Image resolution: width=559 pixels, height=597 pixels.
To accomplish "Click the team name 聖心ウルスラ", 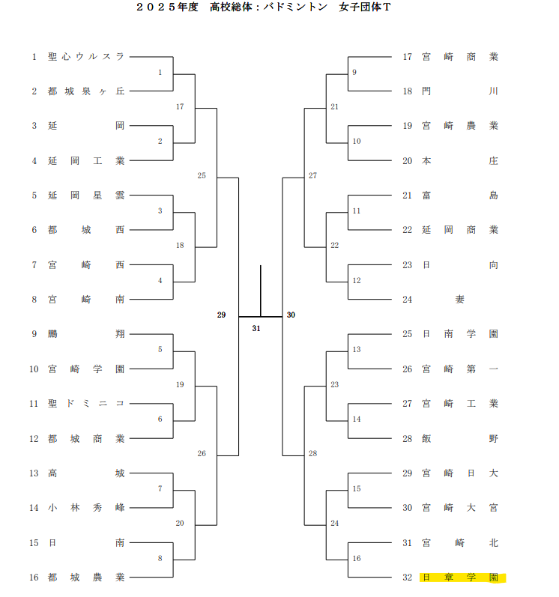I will click(x=86, y=56).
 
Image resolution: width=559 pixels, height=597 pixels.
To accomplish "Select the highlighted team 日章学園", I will click(x=460, y=578).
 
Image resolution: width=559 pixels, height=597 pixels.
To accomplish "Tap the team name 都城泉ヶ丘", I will click(x=86, y=91).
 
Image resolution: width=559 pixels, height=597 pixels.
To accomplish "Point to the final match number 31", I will click(x=256, y=328).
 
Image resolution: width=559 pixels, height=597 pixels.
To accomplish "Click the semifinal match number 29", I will click(x=221, y=315).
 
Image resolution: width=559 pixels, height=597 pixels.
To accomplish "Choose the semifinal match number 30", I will click(x=291, y=315).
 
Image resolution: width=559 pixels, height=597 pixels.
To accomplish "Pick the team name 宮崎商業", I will click(x=460, y=56).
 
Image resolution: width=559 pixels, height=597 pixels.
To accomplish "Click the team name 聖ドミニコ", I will click(x=86, y=404).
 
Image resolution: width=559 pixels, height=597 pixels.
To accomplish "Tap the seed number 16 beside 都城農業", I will click(x=34, y=578).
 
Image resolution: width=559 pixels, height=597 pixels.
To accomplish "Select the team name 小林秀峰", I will click(x=86, y=508).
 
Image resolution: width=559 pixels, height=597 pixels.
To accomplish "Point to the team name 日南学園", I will click(x=460, y=334).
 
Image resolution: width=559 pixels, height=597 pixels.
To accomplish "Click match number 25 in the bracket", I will click(x=201, y=176).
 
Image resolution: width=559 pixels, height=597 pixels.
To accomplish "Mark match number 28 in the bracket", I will click(x=312, y=454).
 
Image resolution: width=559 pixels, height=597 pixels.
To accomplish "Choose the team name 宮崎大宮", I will click(x=460, y=508).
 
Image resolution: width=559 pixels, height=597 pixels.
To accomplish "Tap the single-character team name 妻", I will click(x=459, y=300).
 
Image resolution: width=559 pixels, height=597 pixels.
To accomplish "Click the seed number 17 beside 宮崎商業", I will click(x=408, y=56).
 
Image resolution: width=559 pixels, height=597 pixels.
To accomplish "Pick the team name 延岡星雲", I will click(x=86, y=196).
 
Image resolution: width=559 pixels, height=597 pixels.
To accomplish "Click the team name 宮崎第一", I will click(x=460, y=369).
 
